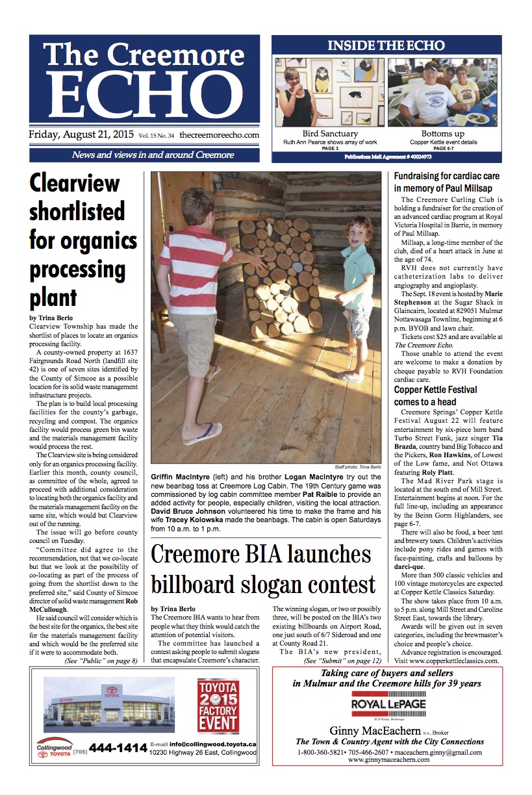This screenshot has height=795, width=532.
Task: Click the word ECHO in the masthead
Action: pos(144,93)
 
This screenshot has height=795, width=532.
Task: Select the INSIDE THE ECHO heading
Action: pos(386,45)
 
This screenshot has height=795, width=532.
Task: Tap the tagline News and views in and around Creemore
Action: pos(144,155)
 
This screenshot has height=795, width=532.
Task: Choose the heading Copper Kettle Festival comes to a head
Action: pos(435,396)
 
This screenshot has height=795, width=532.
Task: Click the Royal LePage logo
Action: pos(388,704)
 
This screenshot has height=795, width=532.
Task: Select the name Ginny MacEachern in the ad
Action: pos(366,731)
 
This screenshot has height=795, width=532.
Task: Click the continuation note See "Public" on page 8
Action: pos(101,661)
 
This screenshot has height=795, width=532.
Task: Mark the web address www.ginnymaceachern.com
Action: pos(388,760)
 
